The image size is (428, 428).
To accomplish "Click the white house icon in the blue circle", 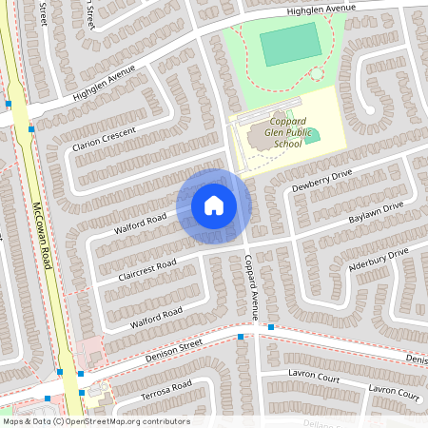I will pyautogui.click(x=214, y=205).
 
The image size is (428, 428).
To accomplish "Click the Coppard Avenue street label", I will pyautogui.click(x=252, y=286).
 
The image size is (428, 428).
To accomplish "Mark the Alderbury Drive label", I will pyautogui.click(x=378, y=259).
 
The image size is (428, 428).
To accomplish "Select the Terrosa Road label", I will pyautogui.click(x=166, y=390).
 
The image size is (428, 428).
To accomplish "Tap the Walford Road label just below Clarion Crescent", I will pyautogui.click(x=140, y=224).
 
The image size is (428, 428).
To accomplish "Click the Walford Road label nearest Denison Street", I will pyautogui.click(x=156, y=318).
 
